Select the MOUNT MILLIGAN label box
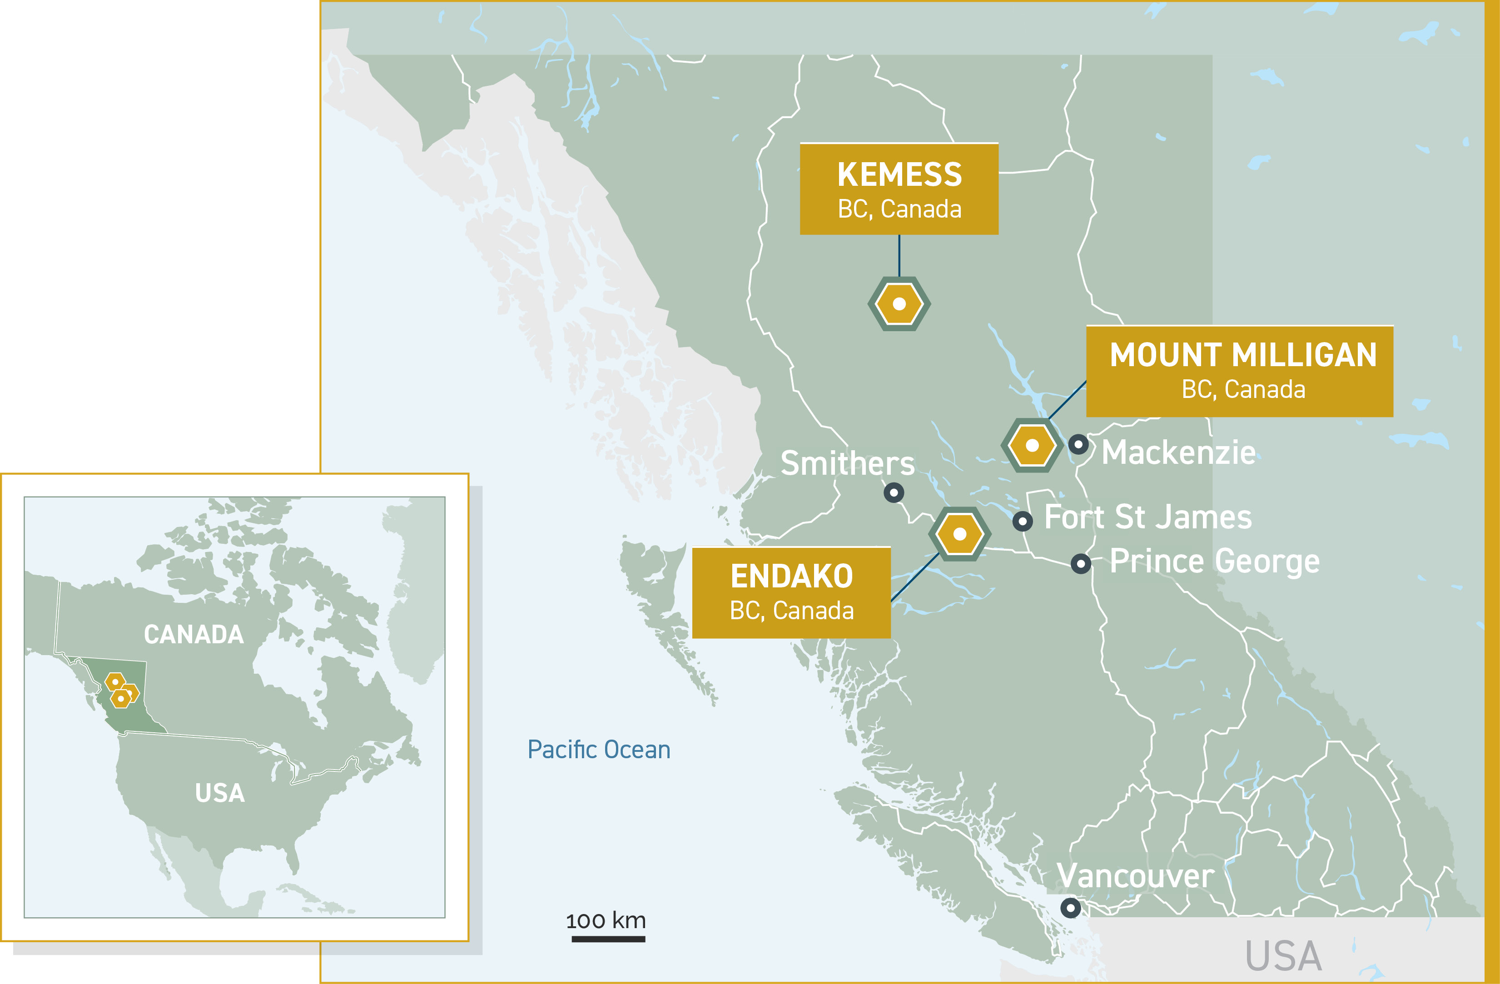[1239, 371]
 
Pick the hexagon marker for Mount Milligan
[1032, 445]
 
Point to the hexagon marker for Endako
[959, 534]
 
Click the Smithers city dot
[894, 492]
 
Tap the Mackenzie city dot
[1078, 444]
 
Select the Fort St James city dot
[1022, 522]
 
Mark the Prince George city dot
[1081, 563]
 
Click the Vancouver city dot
[1070, 908]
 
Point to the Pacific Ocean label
[599, 750]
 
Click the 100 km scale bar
[608, 939]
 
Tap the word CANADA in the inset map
[194, 634]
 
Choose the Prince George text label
[1214, 561]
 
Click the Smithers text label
[847, 463]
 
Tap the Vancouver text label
[1135, 876]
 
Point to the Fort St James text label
[1147, 517]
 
